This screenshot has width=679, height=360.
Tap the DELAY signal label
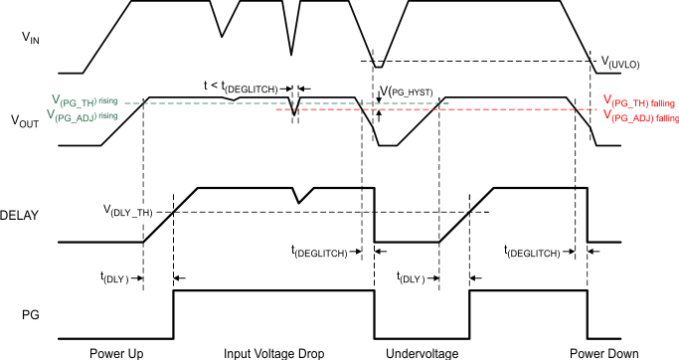point(22,214)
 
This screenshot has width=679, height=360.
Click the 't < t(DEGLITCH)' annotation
point(243,88)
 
